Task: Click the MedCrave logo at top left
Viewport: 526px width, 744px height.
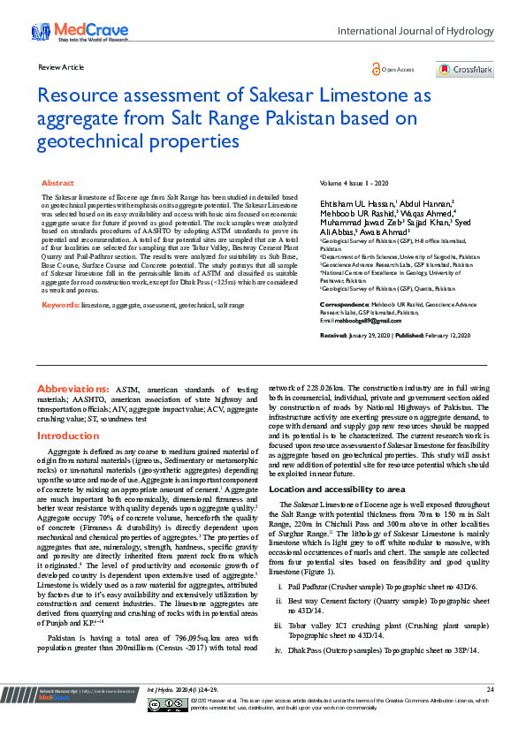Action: pos(65,32)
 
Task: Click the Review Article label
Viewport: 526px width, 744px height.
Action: pos(61,67)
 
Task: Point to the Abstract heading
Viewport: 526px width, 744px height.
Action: pos(58,182)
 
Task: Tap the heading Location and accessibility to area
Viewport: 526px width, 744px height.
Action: pos(337,489)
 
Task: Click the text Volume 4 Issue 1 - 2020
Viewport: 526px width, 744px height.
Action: pos(355,182)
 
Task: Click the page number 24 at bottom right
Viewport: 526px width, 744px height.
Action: pos(490,713)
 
